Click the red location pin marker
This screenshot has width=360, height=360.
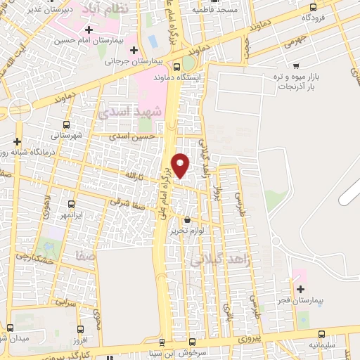pyautogui.click(x=181, y=164)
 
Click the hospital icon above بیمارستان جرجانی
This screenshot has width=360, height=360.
pyautogui.click(x=134, y=49)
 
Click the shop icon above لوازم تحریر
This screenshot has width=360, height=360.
pyautogui.click(x=186, y=220)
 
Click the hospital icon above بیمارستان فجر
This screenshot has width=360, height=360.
pyautogui.click(x=301, y=289)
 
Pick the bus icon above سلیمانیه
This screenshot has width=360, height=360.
pyautogui.click(x=321, y=335)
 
